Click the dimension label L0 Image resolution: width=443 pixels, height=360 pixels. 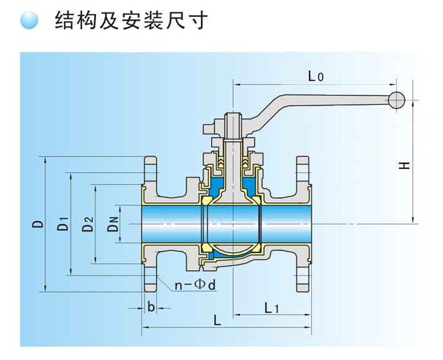(316, 77)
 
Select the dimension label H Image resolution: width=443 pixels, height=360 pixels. (405, 165)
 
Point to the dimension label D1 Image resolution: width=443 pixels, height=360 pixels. (62, 223)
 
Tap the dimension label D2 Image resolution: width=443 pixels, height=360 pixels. (87, 223)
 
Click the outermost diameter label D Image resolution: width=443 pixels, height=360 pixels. (38, 223)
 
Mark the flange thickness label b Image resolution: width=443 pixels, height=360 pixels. (150, 307)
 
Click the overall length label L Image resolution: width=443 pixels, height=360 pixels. (217, 321)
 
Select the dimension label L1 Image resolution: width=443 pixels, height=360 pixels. (271, 307)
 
